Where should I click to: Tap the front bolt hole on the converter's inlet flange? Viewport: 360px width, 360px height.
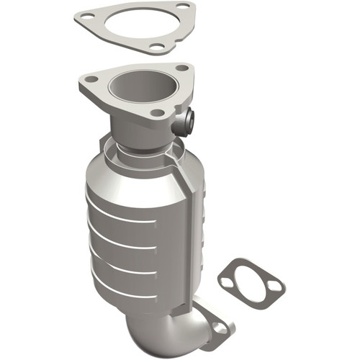156,112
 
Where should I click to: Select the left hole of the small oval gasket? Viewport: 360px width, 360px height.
227,283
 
